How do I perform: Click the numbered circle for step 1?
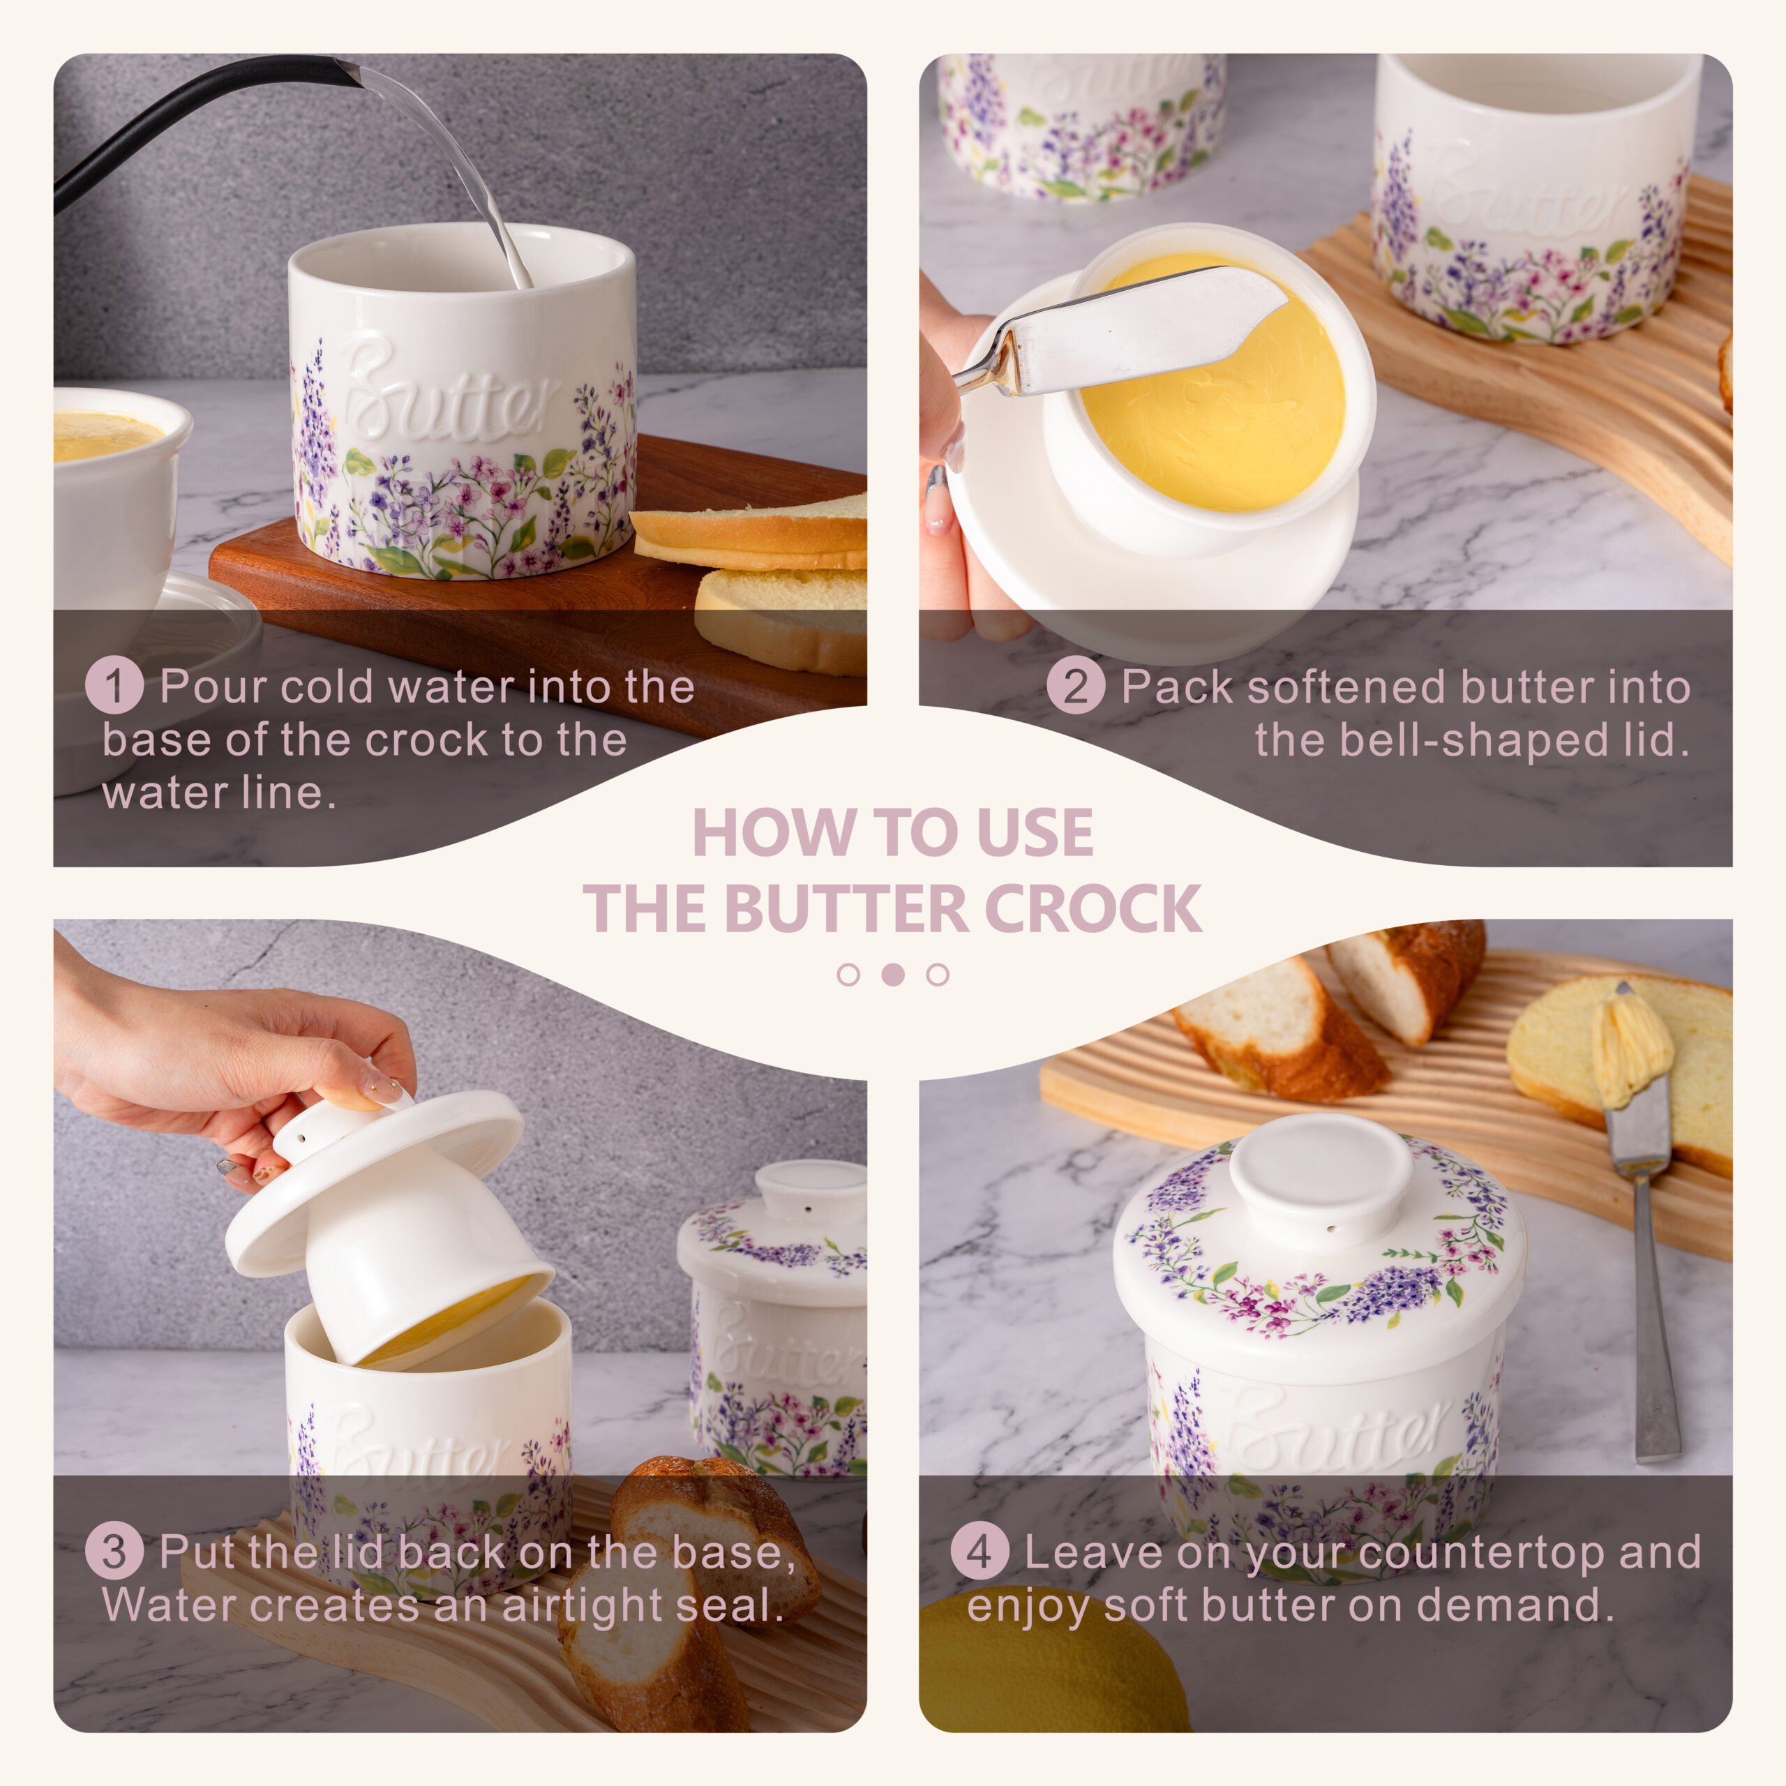click(x=114, y=685)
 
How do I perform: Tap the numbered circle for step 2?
click(x=1075, y=685)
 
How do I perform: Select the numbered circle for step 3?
click(x=114, y=1550)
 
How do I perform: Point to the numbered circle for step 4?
click(x=979, y=1550)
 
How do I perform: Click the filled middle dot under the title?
click(x=893, y=975)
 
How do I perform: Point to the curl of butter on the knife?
click(x=1635, y=1044)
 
